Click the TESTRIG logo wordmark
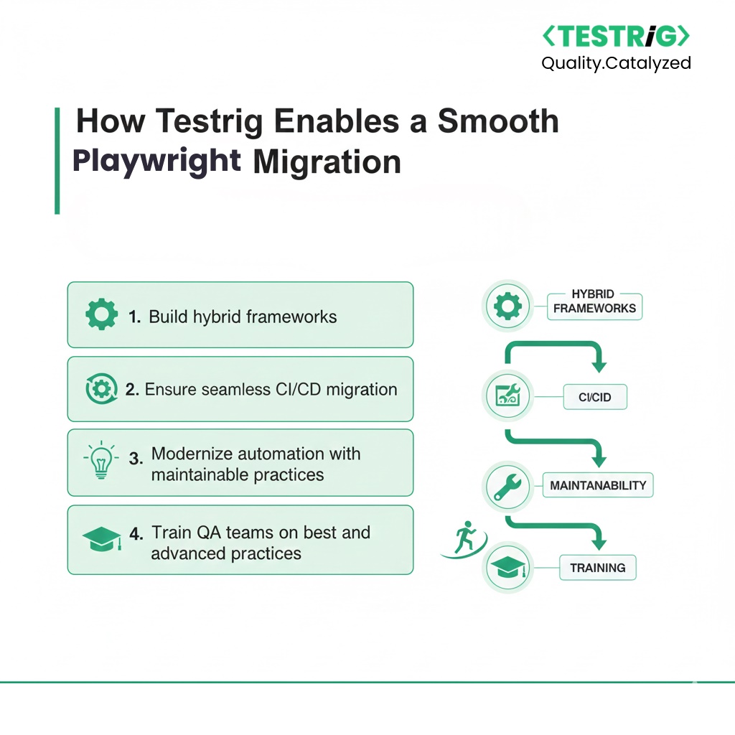616,37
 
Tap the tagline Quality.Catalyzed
616,63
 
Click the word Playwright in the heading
156,161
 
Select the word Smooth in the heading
498,121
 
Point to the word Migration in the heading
327,161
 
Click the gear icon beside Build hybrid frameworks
101,314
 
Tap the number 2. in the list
132,390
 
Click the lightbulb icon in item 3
100,460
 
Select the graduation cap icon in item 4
102,538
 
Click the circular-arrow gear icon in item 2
101,388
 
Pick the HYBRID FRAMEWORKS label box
594,306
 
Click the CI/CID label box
595,397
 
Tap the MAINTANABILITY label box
598,485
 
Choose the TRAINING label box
598,568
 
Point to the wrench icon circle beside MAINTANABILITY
507,486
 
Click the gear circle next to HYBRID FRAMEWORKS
507,306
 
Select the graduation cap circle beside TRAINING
507,568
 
